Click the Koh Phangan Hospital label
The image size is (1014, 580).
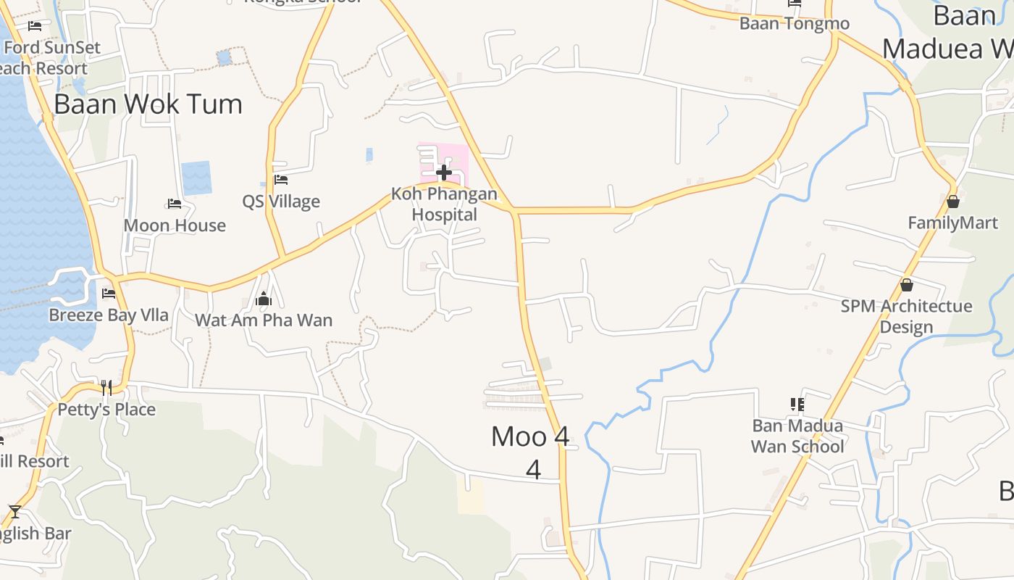445,204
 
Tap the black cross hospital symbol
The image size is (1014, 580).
444,173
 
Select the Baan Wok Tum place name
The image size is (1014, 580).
148,104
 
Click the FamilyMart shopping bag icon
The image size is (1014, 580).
953,202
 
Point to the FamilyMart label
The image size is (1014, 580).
953,223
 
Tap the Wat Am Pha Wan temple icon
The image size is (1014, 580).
263,299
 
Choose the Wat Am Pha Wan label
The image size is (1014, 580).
264,320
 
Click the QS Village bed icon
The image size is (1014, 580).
281,180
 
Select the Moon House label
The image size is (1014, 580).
175,225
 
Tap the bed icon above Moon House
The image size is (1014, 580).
175,204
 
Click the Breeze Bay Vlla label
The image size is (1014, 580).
109,315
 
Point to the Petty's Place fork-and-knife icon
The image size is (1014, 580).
106,388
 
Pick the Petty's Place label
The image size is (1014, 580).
106,410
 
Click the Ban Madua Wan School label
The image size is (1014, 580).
797,436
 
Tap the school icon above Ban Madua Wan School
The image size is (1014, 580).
797,404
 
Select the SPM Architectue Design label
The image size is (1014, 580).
907,316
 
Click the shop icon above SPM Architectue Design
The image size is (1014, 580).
906,286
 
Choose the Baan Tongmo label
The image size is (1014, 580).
795,23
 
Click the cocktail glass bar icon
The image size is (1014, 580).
14,511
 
